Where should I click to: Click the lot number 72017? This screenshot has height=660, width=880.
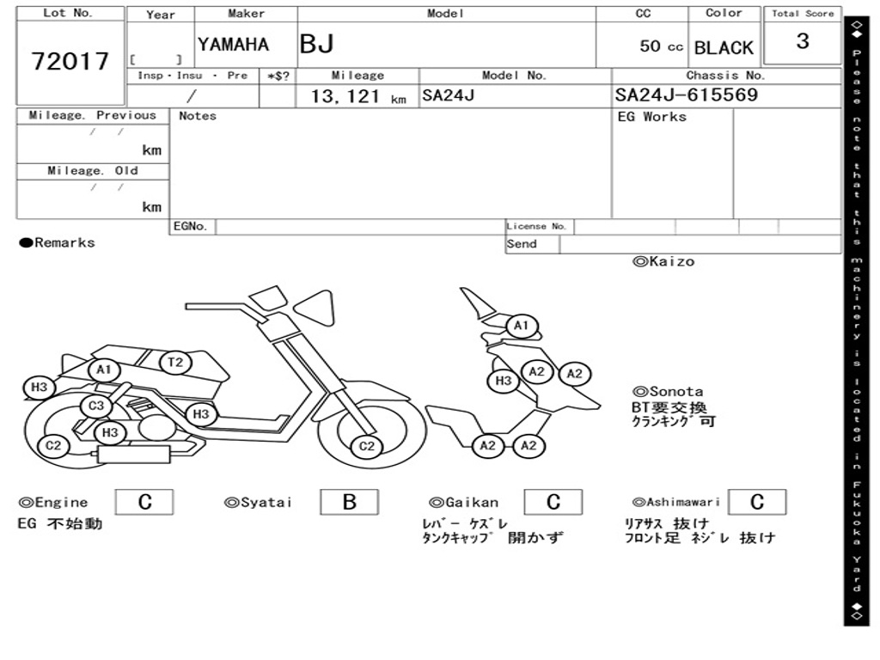pyautogui.click(x=70, y=61)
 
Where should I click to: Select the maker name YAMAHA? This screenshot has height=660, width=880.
pyautogui.click(x=233, y=45)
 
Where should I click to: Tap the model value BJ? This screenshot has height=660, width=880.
pyautogui.click(x=316, y=45)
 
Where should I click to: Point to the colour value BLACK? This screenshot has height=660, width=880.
pyautogui.click(x=724, y=48)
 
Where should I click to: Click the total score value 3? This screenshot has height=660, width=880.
pyautogui.click(x=802, y=41)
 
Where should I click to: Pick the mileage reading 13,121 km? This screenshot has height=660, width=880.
pyautogui.click(x=357, y=97)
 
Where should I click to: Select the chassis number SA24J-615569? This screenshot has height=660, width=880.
pyautogui.click(x=687, y=95)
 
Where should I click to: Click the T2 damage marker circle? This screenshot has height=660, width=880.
pyautogui.click(x=175, y=363)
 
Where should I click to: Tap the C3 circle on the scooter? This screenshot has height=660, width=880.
pyautogui.click(x=96, y=406)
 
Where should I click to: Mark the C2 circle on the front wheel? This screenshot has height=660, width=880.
pyautogui.click(x=367, y=446)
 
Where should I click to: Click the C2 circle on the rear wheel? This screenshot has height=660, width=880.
pyautogui.click(x=53, y=445)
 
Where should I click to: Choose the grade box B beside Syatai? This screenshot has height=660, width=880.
pyautogui.click(x=349, y=503)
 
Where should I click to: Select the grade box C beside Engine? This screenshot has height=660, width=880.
pyautogui.click(x=144, y=503)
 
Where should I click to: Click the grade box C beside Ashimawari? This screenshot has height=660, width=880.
pyautogui.click(x=756, y=503)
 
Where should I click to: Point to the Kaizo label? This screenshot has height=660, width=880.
pyautogui.click(x=663, y=262)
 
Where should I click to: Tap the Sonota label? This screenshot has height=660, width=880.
pyautogui.click(x=668, y=392)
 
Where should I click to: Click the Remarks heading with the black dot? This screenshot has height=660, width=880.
pyautogui.click(x=57, y=243)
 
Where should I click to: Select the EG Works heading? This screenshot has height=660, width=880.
pyautogui.click(x=652, y=117)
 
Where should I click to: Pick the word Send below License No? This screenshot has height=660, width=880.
pyautogui.click(x=522, y=244)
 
